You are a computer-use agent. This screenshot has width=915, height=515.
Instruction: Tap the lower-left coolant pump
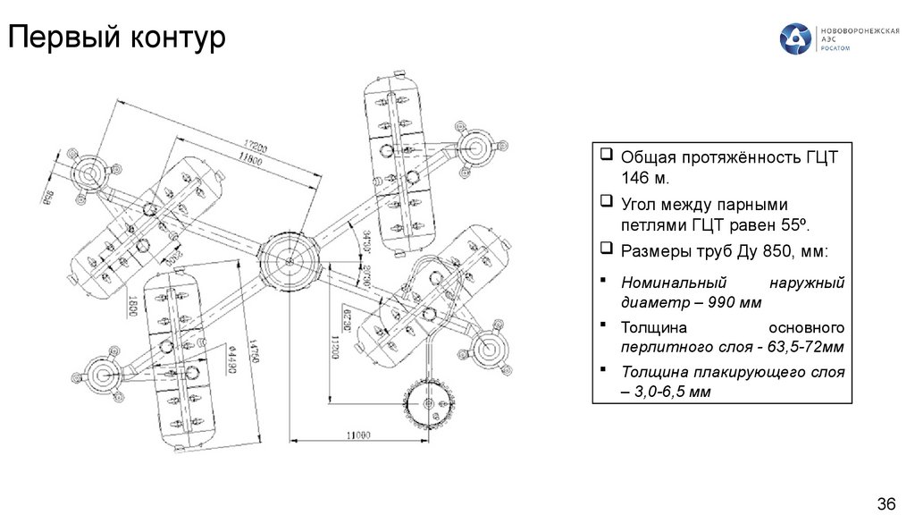[x=101, y=373]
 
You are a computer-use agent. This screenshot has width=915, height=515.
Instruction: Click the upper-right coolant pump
[x=475, y=149]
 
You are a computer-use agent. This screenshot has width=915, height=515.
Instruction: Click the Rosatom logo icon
[x=795, y=39]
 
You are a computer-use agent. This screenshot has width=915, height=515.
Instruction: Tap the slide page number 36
[x=886, y=501]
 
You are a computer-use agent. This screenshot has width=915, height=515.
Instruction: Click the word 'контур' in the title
[x=176, y=38]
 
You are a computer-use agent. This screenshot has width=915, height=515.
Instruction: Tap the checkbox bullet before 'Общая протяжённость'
[x=607, y=156]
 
